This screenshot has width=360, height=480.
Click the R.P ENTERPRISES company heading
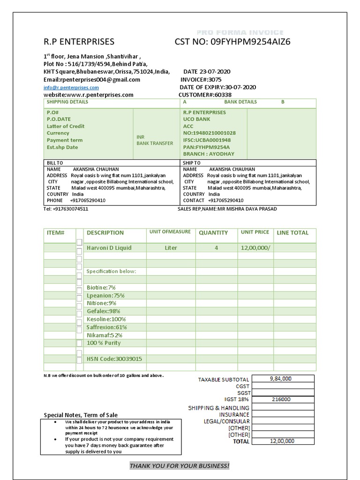point(79,42)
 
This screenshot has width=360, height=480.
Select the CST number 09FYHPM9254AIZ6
point(232,42)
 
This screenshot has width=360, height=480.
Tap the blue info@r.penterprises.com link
point(71,88)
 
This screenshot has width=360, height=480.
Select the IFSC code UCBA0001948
point(207,140)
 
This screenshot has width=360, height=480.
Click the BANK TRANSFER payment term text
point(155,143)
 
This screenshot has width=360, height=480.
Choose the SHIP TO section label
point(192,163)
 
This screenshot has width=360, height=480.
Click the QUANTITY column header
point(213,232)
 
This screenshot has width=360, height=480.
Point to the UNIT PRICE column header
point(255,232)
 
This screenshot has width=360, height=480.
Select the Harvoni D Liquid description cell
point(109,248)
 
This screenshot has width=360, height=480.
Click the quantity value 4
point(216,248)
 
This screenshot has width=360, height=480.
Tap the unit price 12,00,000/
point(255,248)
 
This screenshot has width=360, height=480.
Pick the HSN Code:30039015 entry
point(114,359)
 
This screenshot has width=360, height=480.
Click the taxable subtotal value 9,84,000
point(281,379)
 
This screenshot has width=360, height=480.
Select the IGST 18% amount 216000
point(281,399)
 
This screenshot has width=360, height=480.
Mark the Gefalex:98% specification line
point(104,311)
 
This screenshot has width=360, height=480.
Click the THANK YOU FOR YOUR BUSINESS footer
point(180,465)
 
